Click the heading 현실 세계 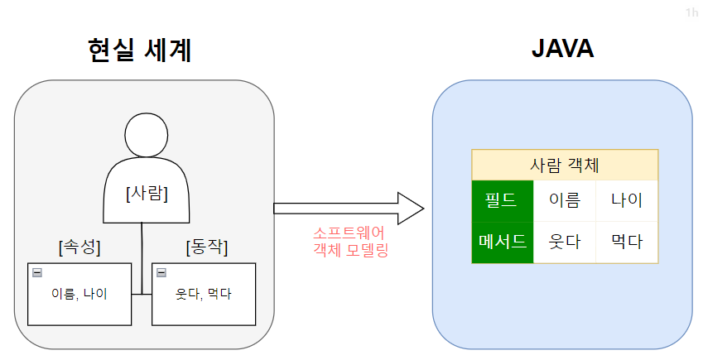(139, 51)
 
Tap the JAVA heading (562, 50)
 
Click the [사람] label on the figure (147, 194)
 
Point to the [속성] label (79, 247)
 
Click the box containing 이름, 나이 (79, 294)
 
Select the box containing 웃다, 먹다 (204, 294)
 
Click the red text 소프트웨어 (349, 233)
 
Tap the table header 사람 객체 (565, 165)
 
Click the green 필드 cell (503, 200)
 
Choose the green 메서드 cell (503, 242)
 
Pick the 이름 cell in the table (565, 200)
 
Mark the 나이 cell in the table (627, 200)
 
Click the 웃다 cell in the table (565, 242)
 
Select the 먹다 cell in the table (627, 242)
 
